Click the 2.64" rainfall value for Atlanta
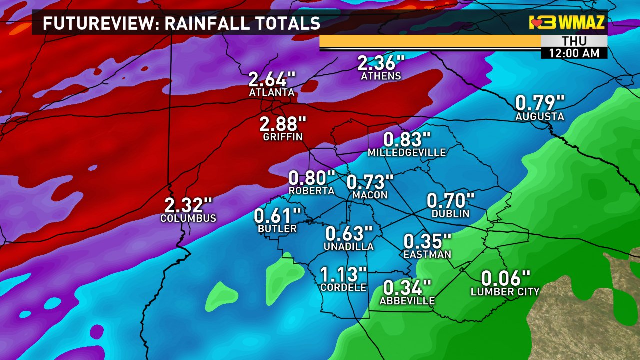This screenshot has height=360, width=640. (x=272, y=79)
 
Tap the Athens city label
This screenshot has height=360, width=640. (x=381, y=76)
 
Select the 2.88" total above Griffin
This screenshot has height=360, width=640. (x=282, y=124)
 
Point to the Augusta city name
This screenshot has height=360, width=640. (x=540, y=117)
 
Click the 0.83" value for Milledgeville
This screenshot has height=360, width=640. (x=407, y=139)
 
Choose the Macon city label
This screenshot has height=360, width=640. (x=370, y=195)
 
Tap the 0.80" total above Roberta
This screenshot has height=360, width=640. (x=312, y=178)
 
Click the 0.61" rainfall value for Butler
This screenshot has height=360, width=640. (x=277, y=216)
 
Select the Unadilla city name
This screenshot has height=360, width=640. (x=348, y=247)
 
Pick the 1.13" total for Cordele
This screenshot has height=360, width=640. (x=343, y=274)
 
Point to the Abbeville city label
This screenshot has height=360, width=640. (x=407, y=301)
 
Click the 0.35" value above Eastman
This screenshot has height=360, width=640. (x=427, y=241)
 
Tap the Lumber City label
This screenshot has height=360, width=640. (x=505, y=292)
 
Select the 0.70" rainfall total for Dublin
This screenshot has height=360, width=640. (x=450, y=201)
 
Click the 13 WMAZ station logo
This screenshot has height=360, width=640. (x=567, y=23)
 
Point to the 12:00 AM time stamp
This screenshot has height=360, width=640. (x=574, y=53)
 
